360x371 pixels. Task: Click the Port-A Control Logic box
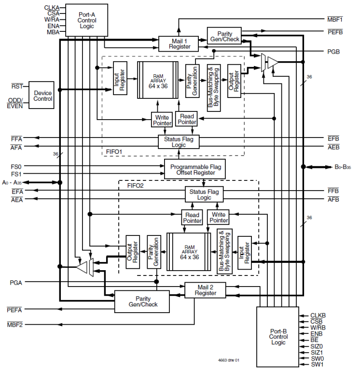tap(87, 20)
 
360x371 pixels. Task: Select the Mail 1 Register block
tap(179, 43)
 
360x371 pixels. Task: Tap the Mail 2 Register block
tap(206, 290)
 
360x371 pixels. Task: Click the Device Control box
tap(43, 95)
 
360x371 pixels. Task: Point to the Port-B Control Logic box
tap(278, 336)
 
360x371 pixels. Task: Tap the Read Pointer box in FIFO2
tap(192, 217)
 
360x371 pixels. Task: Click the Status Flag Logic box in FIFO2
tap(204, 194)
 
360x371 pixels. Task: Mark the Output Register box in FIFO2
tap(133, 252)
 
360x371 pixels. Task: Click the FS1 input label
tap(16, 174)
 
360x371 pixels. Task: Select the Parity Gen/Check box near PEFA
tap(143, 302)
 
